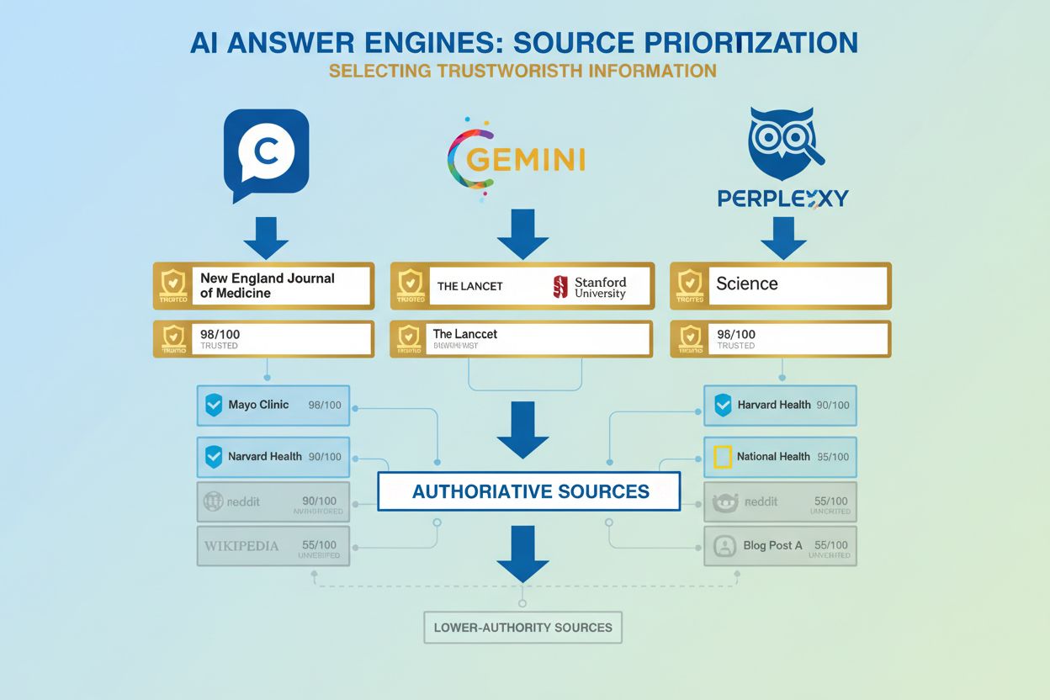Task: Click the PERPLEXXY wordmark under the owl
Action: point(783,199)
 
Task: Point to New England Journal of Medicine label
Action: point(268,285)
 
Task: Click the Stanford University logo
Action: point(590,287)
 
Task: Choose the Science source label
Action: point(747,284)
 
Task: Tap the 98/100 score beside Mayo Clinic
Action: point(325,405)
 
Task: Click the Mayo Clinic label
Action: point(258,405)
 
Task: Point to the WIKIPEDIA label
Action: point(241,545)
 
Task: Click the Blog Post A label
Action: point(772,545)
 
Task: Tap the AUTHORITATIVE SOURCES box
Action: point(529,491)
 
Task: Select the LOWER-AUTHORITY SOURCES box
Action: point(522,628)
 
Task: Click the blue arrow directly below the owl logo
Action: point(783,239)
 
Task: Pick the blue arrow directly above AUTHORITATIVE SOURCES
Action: point(523,430)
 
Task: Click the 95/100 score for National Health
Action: point(833,457)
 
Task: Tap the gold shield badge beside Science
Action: point(690,286)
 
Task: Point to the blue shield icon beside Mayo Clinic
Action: point(213,406)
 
